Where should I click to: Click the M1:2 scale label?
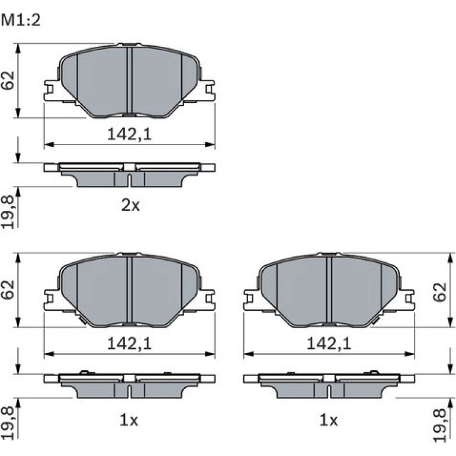pyautogui.click(x=21, y=21)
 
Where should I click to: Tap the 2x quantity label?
pyautogui.click(x=130, y=205)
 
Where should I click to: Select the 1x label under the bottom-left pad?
pyautogui.click(x=129, y=420)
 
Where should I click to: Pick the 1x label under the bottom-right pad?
pyautogui.click(x=329, y=420)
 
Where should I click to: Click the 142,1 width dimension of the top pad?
pyautogui.click(x=130, y=134)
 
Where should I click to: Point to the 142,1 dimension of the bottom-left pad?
pyautogui.click(x=130, y=344)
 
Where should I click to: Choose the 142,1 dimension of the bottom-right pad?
pyautogui.click(x=329, y=344)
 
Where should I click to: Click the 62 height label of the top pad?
pyautogui.click(x=8, y=81)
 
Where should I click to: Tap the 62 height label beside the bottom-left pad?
pyautogui.click(x=8, y=290)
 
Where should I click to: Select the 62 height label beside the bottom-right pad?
pyautogui.click(x=439, y=292)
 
